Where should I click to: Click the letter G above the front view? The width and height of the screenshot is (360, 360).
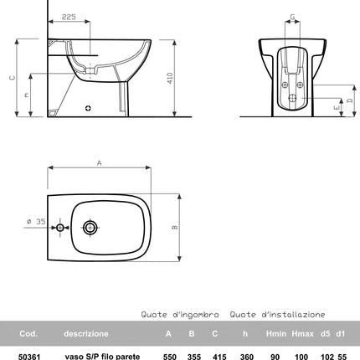(x=291, y=17)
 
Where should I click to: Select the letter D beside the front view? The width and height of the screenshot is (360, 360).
(x=349, y=100)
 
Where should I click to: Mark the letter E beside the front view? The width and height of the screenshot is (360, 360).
(x=335, y=108)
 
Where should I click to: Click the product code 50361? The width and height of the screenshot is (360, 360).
(x=29, y=355)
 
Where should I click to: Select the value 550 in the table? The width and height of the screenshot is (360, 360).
(x=170, y=355)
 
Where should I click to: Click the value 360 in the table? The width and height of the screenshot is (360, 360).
(x=246, y=355)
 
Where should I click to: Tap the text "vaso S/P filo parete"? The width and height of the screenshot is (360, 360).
(x=103, y=355)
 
